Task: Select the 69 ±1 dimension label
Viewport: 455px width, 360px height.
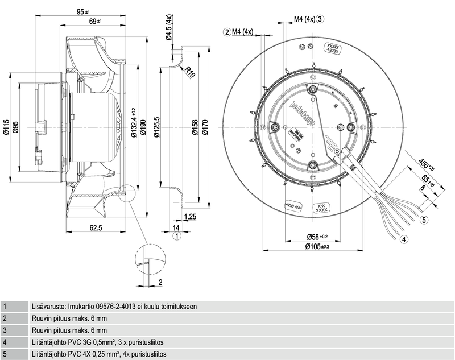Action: [x=95, y=21]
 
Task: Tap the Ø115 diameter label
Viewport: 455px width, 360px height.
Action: [x=6, y=128]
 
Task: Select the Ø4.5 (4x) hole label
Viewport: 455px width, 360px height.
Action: [x=169, y=28]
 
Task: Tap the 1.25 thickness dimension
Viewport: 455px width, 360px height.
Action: [x=191, y=217]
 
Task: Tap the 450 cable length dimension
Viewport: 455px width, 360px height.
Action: [x=425, y=167]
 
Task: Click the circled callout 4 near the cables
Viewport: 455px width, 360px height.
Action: [x=404, y=239]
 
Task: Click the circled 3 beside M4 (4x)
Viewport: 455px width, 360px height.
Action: [x=321, y=19]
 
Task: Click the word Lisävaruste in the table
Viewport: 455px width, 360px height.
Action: [x=48, y=306]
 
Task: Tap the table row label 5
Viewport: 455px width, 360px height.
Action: [x=5, y=354]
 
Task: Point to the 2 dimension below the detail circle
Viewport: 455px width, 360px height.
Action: [x=160, y=282]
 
